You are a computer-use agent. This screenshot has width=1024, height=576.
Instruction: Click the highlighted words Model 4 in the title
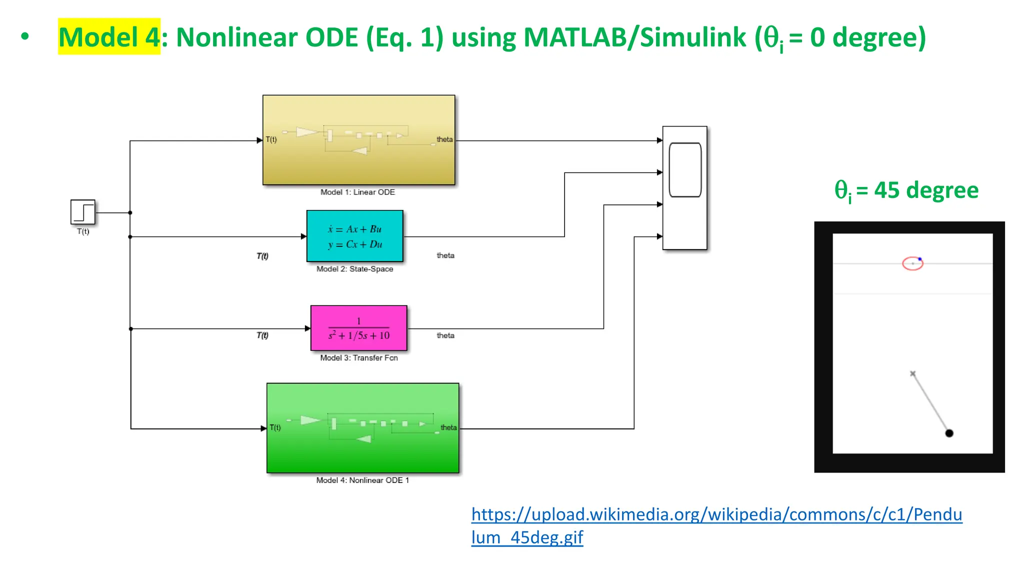click(109, 37)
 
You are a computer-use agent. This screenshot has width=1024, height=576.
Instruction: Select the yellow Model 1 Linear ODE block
click(358, 140)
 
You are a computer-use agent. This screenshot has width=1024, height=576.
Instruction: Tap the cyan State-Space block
click(354, 236)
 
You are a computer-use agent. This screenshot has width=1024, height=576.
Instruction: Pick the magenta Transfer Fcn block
click(358, 328)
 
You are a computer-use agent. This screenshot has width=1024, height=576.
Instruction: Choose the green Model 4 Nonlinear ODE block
click(362, 428)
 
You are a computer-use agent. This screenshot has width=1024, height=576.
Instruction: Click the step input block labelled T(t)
click(83, 212)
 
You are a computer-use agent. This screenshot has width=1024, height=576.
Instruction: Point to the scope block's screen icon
click(685, 170)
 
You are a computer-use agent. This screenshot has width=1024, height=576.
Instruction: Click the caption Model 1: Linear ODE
click(357, 192)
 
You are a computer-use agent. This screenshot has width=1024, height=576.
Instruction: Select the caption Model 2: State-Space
click(354, 269)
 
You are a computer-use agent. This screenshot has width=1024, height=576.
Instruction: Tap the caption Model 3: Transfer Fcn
click(358, 358)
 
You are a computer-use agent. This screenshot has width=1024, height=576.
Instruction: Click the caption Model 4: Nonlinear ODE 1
click(362, 480)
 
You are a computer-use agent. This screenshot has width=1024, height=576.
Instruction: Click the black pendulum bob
click(949, 433)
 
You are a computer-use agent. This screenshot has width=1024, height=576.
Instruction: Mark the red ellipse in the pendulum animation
click(912, 263)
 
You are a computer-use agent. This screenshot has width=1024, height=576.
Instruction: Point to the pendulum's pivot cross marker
click(912, 373)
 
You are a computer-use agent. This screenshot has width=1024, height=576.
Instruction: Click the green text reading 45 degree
click(926, 190)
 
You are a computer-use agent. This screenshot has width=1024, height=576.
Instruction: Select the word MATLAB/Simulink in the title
click(634, 37)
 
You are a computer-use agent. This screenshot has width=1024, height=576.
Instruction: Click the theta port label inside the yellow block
click(444, 139)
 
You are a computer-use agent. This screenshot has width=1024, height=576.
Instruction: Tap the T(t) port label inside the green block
click(275, 427)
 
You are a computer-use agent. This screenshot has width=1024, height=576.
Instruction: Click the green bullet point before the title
click(25, 36)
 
